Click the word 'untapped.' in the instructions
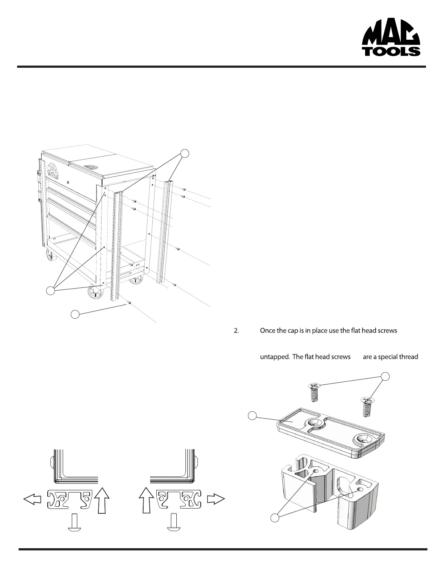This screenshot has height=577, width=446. point(274,357)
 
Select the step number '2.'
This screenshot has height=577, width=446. point(236,331)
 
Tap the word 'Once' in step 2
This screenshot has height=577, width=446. point(268,331)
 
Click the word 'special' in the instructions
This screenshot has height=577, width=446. point(387,357)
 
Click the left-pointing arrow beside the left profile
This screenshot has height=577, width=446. point(32,499)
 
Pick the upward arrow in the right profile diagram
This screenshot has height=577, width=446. point(146,501)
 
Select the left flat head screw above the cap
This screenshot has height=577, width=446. point(314,392)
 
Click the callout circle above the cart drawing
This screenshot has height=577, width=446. point(185,153)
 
